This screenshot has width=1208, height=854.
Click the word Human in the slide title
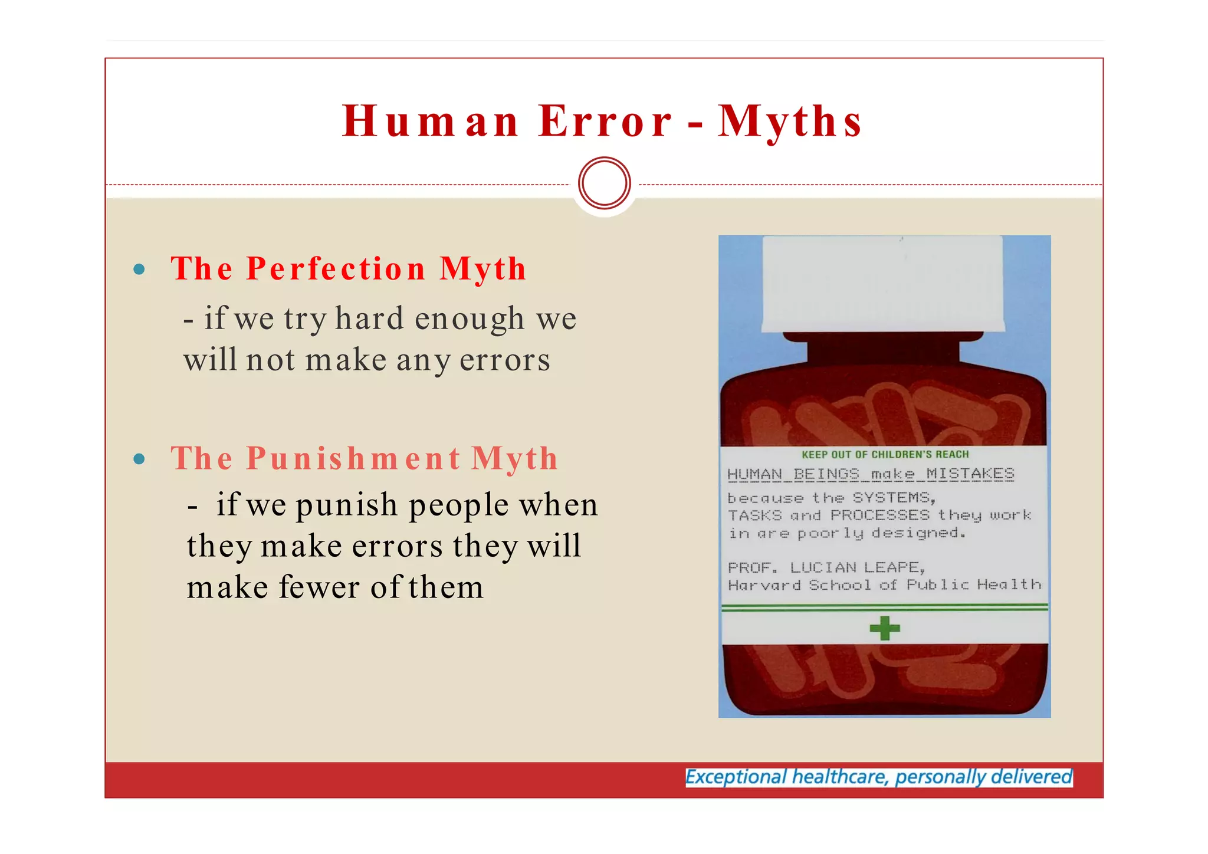[431, 121]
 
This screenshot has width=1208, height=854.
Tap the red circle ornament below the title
[605, 183]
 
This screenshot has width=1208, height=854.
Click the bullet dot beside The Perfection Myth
[139, 270]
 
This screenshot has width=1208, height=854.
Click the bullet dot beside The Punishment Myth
[139, 459]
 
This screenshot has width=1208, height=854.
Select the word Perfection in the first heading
[336, 269]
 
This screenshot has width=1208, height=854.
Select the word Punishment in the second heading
[353, 458]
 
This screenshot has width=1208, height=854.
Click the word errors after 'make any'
[504, 360]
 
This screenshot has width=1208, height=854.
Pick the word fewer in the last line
[319, 587]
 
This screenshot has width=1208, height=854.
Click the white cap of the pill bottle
[883, 283]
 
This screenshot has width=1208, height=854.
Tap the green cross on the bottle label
[885, 628]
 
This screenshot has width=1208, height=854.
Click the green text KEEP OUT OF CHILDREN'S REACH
[885, 454]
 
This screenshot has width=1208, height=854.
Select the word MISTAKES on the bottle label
[970, 474]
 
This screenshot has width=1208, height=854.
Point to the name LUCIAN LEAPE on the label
[857, 567]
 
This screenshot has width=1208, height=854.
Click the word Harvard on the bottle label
[764, 585]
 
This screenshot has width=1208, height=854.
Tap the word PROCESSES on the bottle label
[879, 515]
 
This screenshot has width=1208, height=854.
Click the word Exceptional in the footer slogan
[736, 777]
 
